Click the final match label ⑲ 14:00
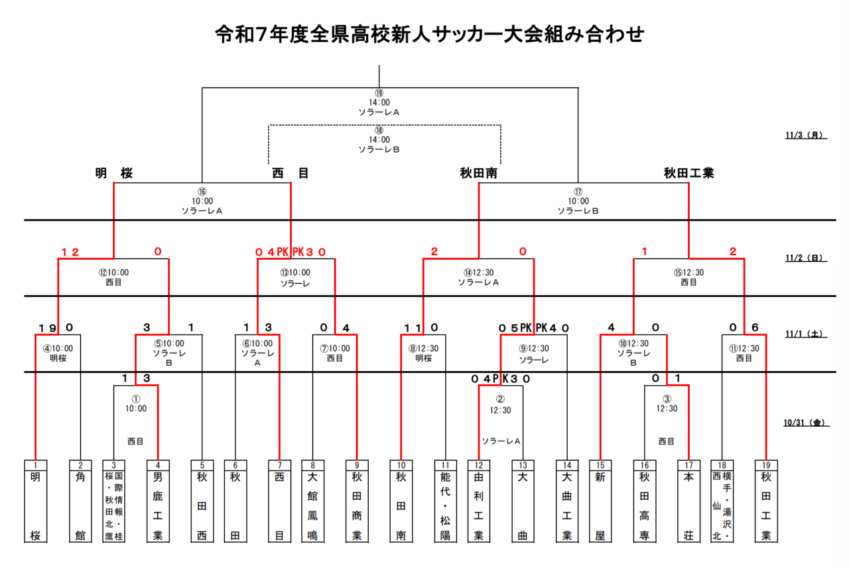click(x=379, y=103)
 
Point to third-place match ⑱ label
click(x=379, y=140)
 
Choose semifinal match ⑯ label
click(x=202, y=201)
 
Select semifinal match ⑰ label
click(x=578, y=201)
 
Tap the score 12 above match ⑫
click(x=70, y=252)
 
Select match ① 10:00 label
click(x=136, y=404)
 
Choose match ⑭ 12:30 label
click(x=478, y=276)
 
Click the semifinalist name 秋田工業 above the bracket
click(x=688, y=174)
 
